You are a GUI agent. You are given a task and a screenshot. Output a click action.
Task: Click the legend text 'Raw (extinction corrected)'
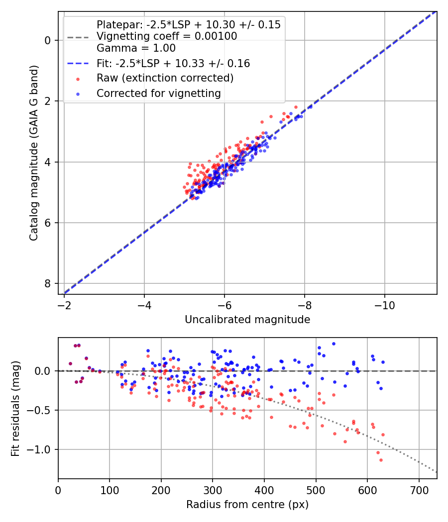click(165, 78)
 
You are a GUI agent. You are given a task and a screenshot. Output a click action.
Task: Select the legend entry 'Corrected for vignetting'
click(159, 93)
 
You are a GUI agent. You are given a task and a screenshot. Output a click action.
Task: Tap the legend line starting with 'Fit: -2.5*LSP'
click(173, 64)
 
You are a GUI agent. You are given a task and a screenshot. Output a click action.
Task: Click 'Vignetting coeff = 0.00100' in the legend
click(167, 36)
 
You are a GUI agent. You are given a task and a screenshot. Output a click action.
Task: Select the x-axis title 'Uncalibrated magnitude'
click(247, 320)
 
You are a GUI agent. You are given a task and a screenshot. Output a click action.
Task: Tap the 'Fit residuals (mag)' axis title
click(15, 408)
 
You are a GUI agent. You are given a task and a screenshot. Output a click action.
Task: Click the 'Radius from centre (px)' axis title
click(247, 505)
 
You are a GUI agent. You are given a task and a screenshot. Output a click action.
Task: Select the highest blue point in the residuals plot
click(334, 344)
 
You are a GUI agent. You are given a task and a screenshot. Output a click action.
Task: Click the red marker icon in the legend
click(78, 78)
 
